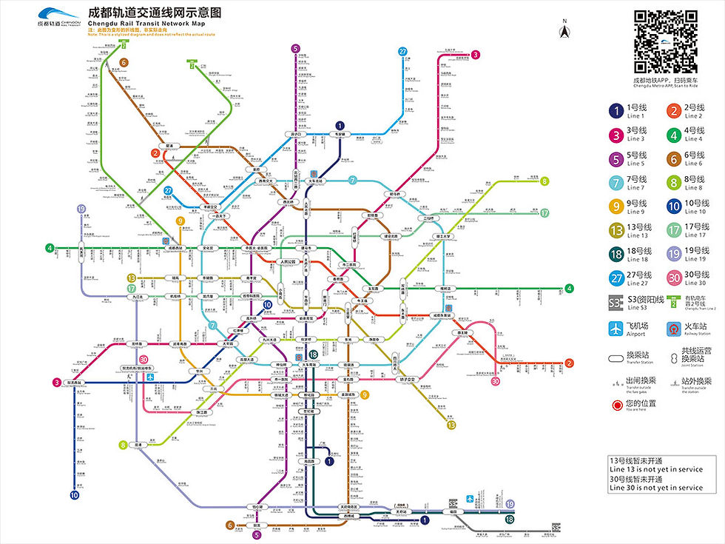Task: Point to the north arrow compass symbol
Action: click(x=564, y=30)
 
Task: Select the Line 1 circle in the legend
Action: click(x=615, y=111)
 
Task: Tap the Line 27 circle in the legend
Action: click(x=615, y=278)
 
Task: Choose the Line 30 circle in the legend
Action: click(x=674, y=278)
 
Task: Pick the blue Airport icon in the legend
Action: click(x=615, y=329)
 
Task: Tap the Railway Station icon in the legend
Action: click(x=674, y=329)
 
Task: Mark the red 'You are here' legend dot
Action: click(x=615, y=405)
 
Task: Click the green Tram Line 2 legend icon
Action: click(x=674, y=301)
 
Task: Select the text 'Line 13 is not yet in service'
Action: click(x=656, y=469)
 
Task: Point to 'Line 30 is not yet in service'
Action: click(x=656, y=488)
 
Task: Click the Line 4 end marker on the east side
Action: click(x=570, y=289)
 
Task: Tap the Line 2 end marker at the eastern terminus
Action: click(x=569, y=363)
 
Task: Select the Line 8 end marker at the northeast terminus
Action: click(x=544, y=181)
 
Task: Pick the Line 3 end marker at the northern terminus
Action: click(x=476, y=54)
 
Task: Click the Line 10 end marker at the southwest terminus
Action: click(x=74, y=495)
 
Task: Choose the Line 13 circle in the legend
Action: click(x=615, y=231)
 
